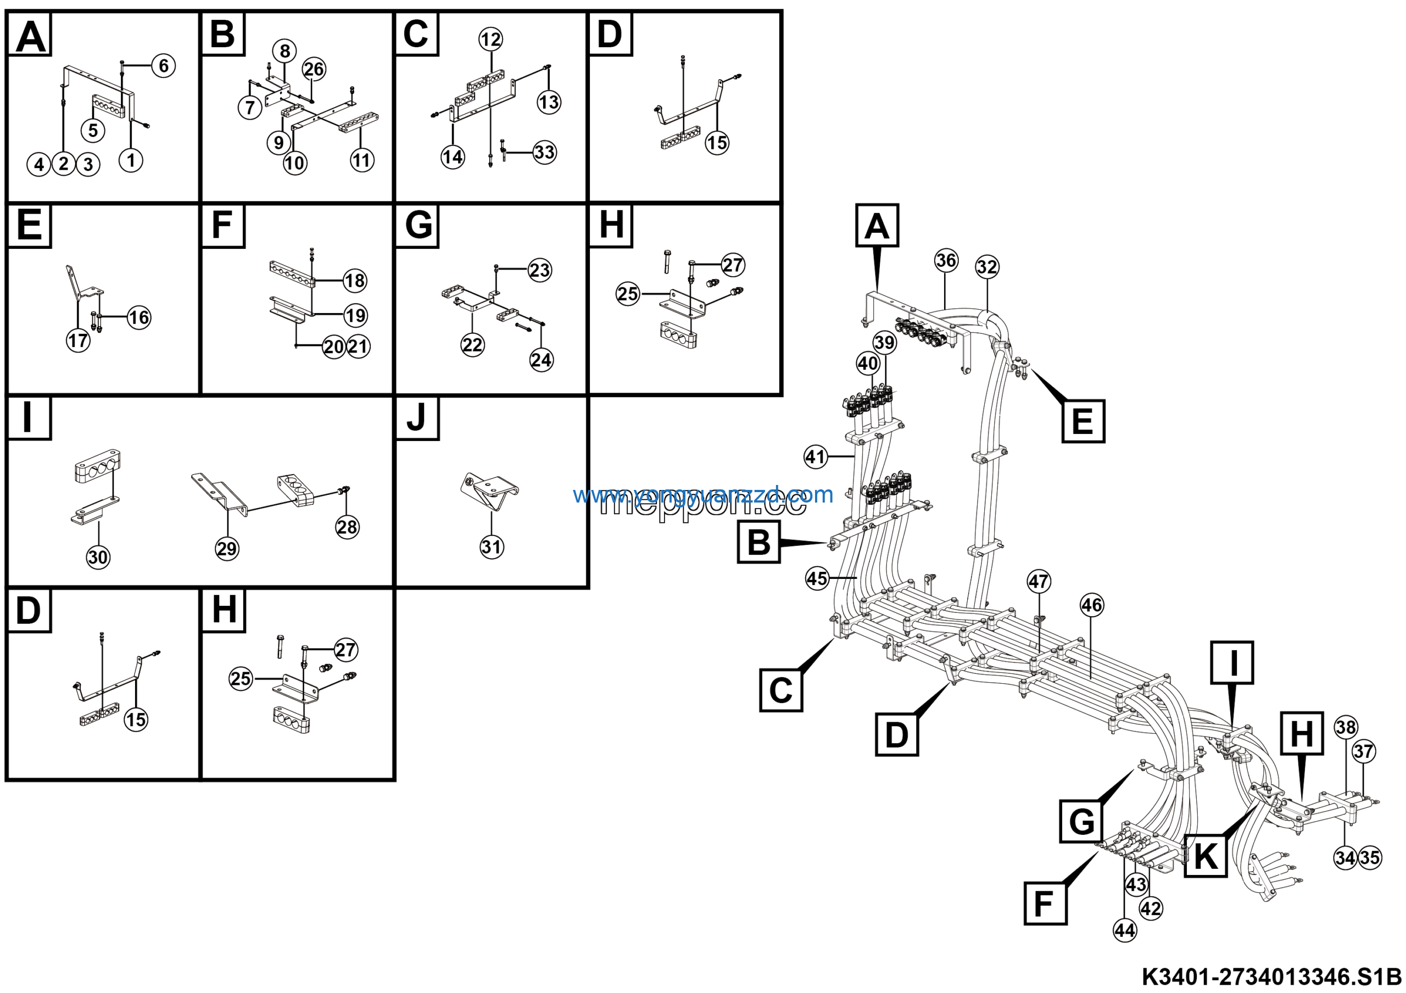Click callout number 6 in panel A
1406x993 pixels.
(163, 65)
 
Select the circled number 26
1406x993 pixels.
(314, 69)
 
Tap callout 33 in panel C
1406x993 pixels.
(544, 152)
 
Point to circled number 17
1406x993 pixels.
(79, 341)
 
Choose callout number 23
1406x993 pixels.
(539, 270)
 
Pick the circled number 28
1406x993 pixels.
(347, 527)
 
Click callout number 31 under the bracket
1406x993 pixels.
(492, 546)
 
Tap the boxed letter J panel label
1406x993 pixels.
(417, 418)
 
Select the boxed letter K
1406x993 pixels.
(1206, 855)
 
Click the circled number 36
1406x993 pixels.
(946, 260)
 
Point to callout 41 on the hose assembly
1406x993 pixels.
(816, 457)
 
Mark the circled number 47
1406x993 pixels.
(1039, 581)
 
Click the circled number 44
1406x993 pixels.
(1125, 930)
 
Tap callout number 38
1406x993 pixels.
(1346, 727)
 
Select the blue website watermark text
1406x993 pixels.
(703, 494)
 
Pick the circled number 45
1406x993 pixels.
(817, 578)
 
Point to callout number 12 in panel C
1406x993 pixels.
(490, 40)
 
